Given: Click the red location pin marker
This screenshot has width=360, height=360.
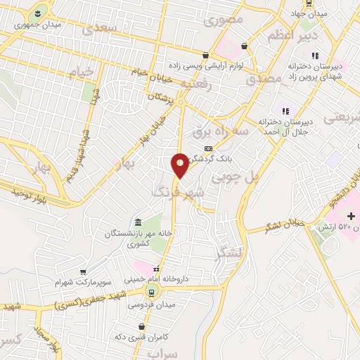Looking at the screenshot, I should (180, 165).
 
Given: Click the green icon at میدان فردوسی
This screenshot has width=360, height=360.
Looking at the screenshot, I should (150, 291).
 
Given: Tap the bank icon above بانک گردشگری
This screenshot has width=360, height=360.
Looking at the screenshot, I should (207, 148).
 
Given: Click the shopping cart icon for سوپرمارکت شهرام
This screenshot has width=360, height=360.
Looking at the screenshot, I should (84, 271).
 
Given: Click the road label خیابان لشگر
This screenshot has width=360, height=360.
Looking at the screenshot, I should (285, 225).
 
